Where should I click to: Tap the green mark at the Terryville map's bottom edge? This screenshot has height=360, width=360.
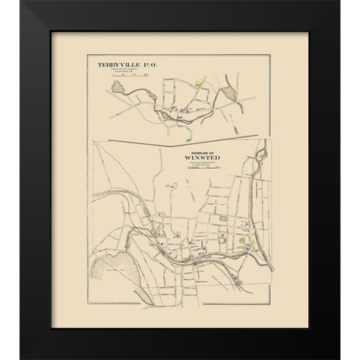181,117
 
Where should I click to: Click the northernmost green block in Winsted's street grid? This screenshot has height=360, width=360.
223,218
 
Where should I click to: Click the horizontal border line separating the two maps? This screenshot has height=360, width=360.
180,140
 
